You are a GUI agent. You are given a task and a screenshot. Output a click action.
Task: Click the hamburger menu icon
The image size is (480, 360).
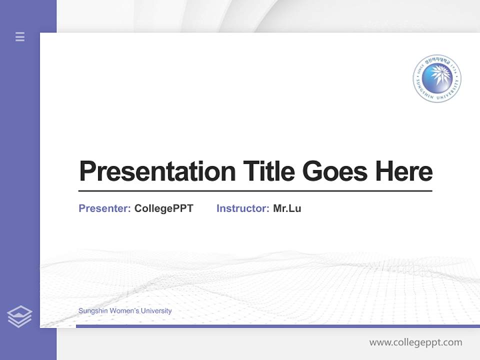(x=20, y=36)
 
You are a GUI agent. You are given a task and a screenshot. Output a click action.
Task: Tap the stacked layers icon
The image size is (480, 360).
(x=19, y=316)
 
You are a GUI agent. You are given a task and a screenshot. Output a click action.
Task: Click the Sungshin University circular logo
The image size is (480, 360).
(x=437, y=78)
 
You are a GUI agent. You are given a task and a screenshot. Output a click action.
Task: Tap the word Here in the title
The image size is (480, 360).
(x=404, y=171)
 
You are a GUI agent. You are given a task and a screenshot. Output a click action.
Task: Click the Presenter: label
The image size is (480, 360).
(x=104, y=208)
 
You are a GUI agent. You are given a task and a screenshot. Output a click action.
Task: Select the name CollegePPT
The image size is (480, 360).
(x=163, y=208)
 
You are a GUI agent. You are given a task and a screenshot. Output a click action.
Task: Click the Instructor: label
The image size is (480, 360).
(x=242, y=208)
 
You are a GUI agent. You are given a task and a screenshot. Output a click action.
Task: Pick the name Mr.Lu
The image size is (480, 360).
(x=287, y=208)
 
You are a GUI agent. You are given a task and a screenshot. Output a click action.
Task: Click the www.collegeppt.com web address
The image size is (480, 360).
(x=415, y=342)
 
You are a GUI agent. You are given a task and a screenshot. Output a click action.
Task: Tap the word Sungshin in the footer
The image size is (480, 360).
(x=92, y=311)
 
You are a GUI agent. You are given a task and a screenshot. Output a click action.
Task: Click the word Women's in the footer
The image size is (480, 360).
(x=124, y=311)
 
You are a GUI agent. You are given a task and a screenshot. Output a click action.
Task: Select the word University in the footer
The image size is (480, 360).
(x=156, y=311)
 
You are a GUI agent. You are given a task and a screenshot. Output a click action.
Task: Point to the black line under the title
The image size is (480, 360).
(x=255, y=191)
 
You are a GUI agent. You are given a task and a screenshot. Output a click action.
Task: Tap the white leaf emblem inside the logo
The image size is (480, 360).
(x=436, y=77)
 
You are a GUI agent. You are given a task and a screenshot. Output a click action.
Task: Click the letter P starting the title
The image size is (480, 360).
(x=87, y=171)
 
